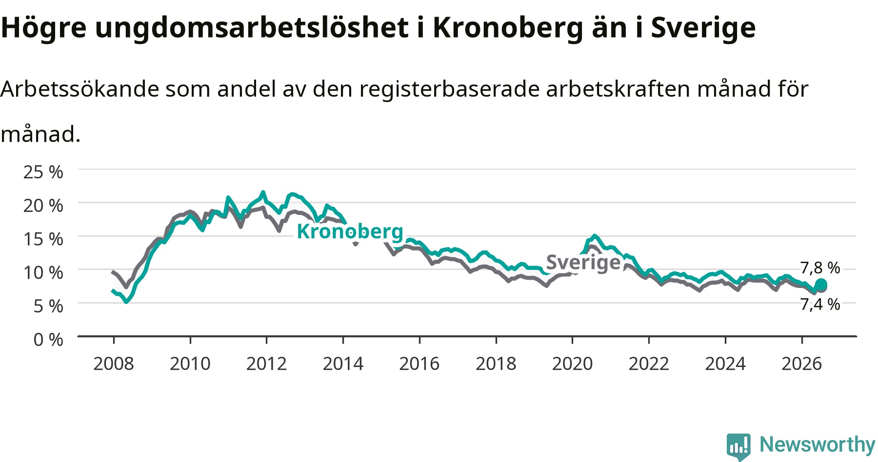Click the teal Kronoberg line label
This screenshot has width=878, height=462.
pyautogui.click(x=350, y=231)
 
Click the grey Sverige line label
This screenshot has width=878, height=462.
pyautogui.click(x=583, y=262)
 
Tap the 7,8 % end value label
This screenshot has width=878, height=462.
pyautogui.click(x=820, y=268)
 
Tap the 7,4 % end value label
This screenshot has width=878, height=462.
pyautogui.click(x=820, y=304)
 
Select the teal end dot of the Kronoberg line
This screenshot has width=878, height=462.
pyautogui.click(x=821, y=285)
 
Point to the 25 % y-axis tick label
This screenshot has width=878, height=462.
pyautogui.click(x=43, y=172)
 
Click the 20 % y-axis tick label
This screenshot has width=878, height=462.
pyautogui.click(x=43, y=206)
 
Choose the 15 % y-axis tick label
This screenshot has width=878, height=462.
pyautogui.click(x=43, y=239)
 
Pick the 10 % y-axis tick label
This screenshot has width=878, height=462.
pyautogui.click(x=43, y=272)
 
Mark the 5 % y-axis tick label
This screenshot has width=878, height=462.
pyautogui.click(x=48, y=306)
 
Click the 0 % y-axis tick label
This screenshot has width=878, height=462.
pyautogui.click(x=48, y=339)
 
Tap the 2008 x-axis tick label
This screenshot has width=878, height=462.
pyautogui.click(x=114, y=364)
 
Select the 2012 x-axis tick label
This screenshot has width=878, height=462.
pyautogui.click(x=266, y=364)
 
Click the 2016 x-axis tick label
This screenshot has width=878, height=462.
pyautogui.click(x=419, y=364)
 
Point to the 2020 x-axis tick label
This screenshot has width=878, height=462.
pyautogui.click(x=573, y=364)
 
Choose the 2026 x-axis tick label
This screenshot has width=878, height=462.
pyautogui.click(x=802, y=364)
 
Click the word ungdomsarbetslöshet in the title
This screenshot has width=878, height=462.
pyautogui.click(x=252, y=28)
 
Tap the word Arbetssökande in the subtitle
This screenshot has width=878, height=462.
pyautogui.click(x=80, y=89)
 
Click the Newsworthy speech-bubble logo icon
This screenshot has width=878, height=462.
pyautogui.click(x=738, y=446)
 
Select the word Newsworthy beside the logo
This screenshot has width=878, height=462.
pyautogui.click(x=818, y=445)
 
